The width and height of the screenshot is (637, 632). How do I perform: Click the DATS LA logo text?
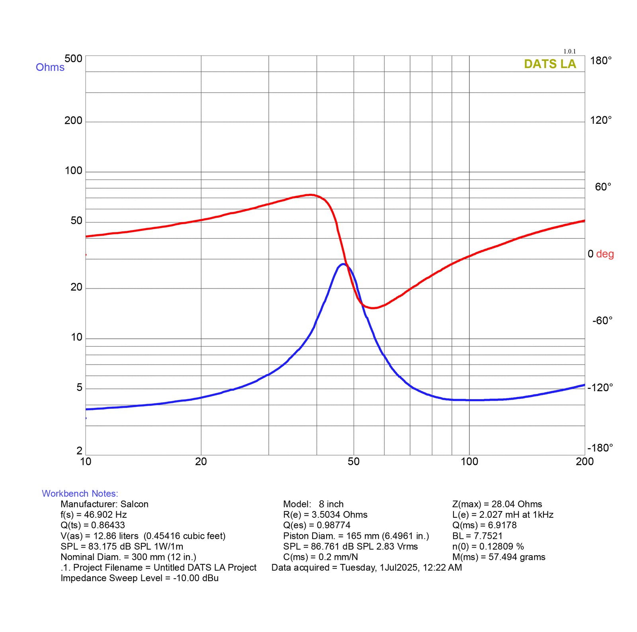(550, 64)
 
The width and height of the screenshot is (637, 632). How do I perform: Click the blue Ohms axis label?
(50, 67)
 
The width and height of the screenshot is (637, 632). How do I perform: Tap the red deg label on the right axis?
(605, 254)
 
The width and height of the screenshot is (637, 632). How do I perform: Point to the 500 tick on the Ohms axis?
(73, 59)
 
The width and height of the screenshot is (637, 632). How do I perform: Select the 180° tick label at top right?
(601, 60)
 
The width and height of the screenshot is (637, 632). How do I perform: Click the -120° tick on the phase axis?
(600, 387)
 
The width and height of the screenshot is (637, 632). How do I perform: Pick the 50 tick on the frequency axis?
(354, 462)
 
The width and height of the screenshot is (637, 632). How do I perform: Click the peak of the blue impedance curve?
(342, 264)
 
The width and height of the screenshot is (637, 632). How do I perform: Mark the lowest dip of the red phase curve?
(373, 308)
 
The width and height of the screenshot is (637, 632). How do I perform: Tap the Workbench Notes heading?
(80, 494)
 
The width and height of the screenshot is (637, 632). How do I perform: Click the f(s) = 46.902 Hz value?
(94, 515)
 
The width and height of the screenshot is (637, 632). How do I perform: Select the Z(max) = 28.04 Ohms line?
(497, 504)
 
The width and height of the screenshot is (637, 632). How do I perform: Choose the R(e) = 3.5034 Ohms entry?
(325, 515)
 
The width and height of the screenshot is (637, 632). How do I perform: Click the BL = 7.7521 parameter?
(477, 536)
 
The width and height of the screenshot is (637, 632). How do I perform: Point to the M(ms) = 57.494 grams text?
(499, 557)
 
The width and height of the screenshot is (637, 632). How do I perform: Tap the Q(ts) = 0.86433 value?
(93, 525)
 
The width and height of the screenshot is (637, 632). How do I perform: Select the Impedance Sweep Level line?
(139, 578)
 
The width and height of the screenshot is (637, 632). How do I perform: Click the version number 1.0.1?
(569, 51)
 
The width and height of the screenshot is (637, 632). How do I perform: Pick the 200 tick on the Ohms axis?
(73, 121)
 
